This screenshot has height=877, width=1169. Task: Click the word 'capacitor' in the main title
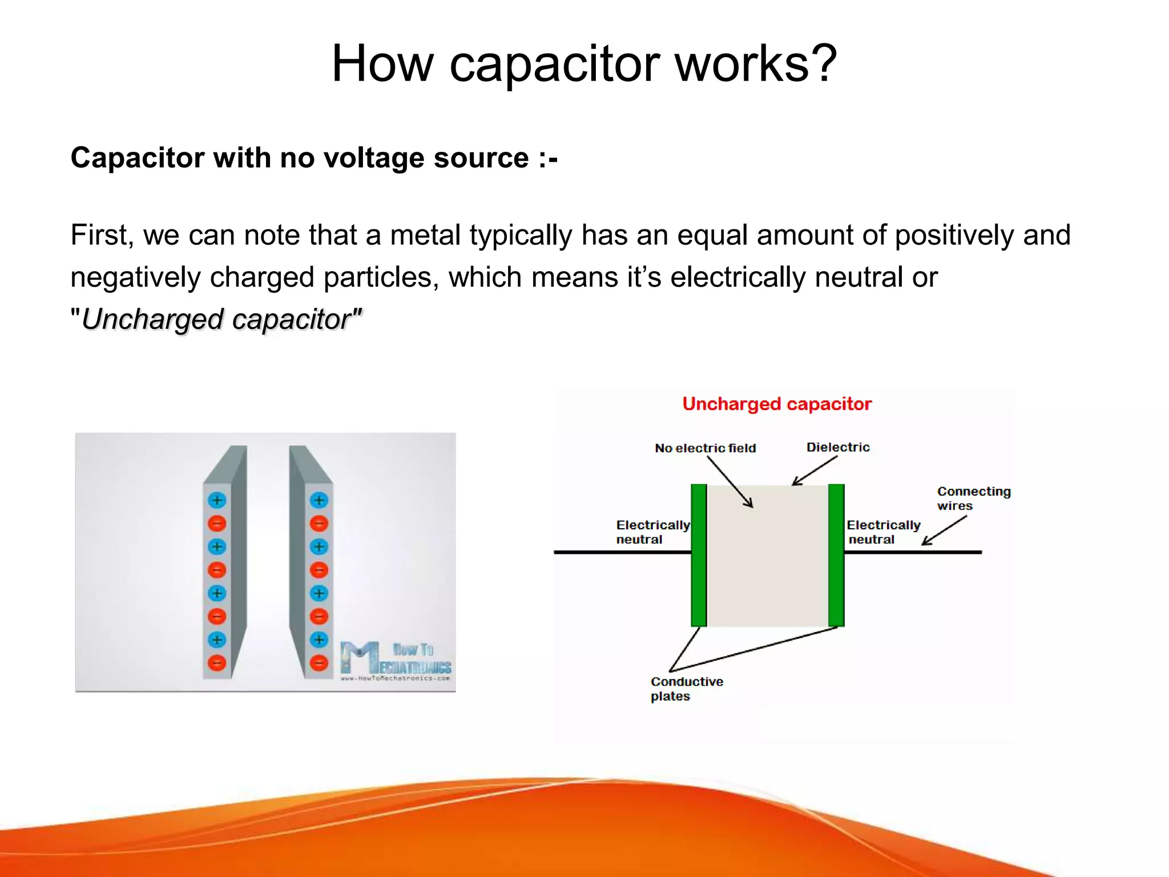[x=554, y=64]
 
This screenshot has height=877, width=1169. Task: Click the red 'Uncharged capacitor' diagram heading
[x=776, y=404]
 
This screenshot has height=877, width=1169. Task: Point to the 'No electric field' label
[x=705, y=448]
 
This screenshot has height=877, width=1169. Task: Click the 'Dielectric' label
[x=837, y=447]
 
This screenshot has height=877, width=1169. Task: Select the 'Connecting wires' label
[x=973, y=498]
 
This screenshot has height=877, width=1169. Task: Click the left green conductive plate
[x=699, y=555]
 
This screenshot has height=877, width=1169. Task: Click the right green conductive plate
[x=836, y=555]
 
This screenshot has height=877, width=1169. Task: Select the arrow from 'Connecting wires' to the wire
[x=944, y=530]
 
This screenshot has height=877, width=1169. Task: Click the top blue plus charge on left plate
[x=216, y=501]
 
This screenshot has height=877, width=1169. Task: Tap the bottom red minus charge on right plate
[x=319, y=663]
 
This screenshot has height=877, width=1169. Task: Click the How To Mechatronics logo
[x=395, y=661]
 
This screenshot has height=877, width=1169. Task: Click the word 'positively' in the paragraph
[x=954, y=235]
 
